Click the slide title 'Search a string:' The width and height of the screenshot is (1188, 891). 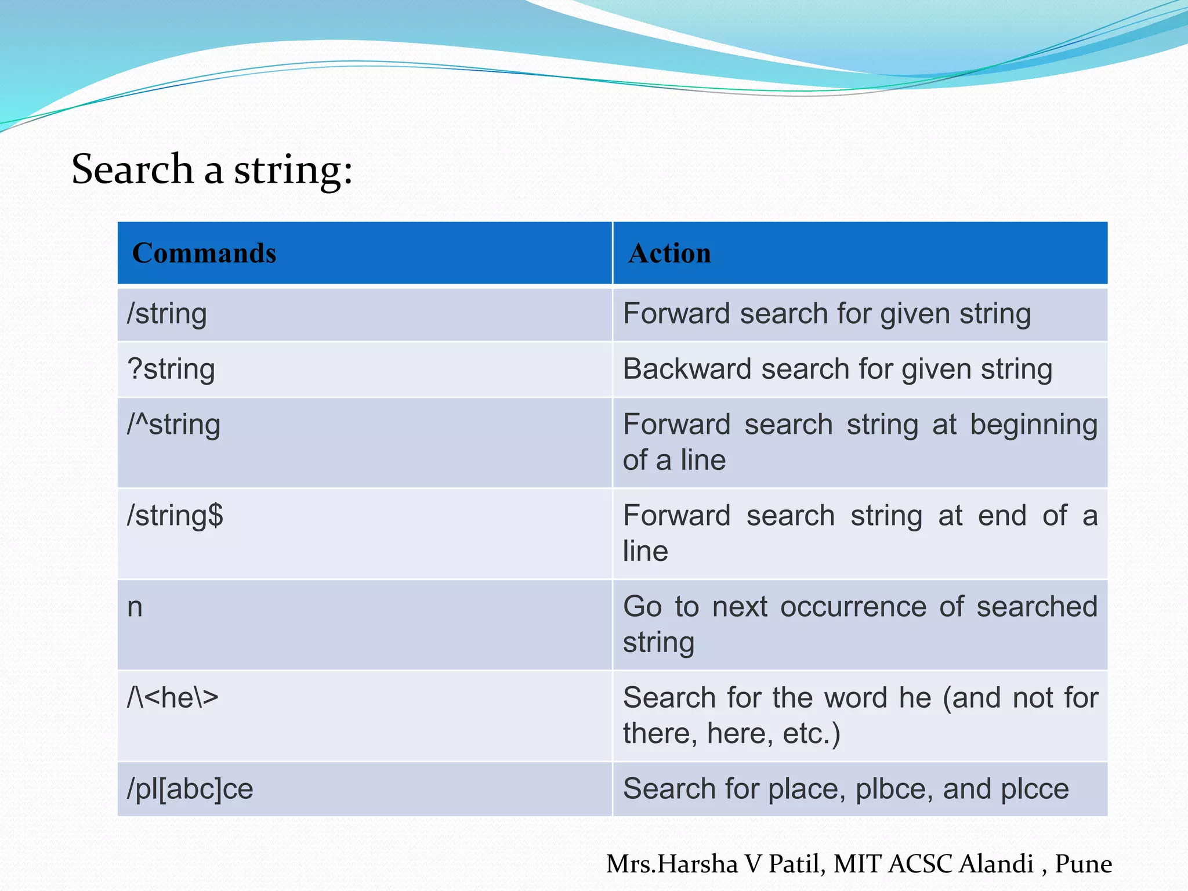(212, 169)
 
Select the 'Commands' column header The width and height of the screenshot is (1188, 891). (204, 253)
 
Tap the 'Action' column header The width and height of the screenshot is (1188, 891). (669, 253)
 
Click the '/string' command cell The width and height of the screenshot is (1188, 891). (167, 314)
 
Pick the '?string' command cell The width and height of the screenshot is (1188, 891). (171, 370)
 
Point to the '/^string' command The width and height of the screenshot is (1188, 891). (173, 425)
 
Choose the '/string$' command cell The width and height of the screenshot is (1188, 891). (175, 516)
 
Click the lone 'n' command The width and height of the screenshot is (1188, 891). (135, 607)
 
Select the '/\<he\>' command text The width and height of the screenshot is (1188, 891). (173, 698)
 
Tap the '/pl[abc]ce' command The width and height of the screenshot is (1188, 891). (190, 789)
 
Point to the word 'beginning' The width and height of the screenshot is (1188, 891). (1034, 425)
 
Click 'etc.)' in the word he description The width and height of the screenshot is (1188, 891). (811, 734)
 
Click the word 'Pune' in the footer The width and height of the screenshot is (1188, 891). (1083, 864)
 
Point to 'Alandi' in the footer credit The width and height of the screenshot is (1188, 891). (995, 864)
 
